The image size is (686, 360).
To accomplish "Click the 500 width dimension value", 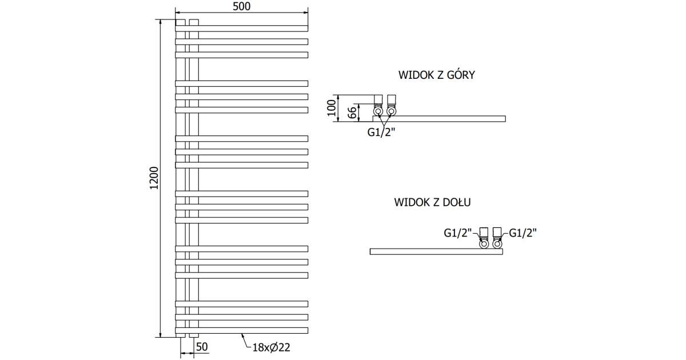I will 241,6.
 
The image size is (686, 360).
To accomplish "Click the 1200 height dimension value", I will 153,179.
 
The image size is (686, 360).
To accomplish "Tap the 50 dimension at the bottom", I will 202,346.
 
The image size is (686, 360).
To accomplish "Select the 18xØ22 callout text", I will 272,346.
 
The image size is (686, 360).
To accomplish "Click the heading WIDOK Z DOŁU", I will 432,202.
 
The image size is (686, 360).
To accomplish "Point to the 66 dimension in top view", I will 353,112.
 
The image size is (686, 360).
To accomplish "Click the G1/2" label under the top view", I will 381,133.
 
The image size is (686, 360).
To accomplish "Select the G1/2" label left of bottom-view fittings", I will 457,233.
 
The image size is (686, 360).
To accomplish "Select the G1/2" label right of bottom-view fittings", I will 523,233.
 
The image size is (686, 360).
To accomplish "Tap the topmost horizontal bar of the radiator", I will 241,28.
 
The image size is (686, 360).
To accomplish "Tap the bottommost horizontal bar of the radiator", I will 241,330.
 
